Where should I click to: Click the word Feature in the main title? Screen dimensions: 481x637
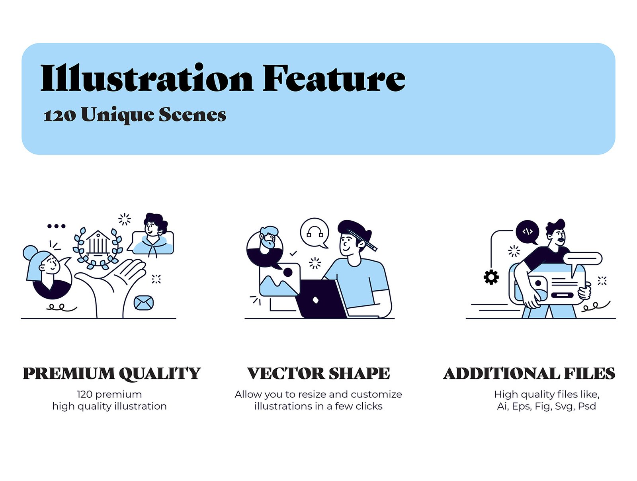click(x=334, y=78)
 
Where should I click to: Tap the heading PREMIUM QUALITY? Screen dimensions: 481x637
click(x=111, y=373)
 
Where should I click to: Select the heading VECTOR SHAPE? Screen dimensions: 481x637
click(x=318, y=373)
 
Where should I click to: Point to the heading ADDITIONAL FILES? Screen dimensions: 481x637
click(x=529, y=373)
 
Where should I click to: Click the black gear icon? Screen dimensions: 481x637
click(x=491, y=277)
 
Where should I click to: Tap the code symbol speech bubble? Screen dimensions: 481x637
click(x=527, y=232)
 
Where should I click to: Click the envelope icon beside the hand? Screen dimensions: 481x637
click(x=143, y=303)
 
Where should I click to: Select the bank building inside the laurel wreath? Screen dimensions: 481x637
click(x=98, y=242)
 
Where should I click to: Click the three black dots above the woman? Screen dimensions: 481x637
click(x=56, y=226)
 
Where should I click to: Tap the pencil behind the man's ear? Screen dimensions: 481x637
click(x=363, y=240)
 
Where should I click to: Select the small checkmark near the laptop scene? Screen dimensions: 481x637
click(x=293, y=253)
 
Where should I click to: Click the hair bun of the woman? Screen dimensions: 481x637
click(x=30, y=252)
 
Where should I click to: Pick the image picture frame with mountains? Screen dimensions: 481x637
click(x=279, y=280)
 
